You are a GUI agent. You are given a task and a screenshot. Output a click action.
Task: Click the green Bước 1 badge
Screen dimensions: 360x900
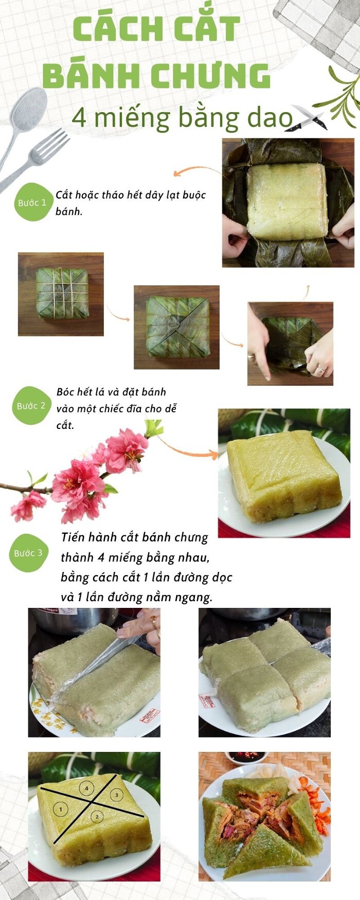[32, 202]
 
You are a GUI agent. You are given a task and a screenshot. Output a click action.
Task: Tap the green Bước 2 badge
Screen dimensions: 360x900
[31, 405]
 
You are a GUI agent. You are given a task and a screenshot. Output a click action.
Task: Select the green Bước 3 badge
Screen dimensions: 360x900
[28, 553]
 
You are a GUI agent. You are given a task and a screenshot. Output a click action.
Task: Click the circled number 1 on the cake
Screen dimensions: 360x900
[61, 809]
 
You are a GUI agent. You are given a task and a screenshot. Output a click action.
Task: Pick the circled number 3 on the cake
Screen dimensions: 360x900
[117, 795]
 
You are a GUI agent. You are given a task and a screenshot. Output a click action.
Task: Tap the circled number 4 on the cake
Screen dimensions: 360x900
[87, 788]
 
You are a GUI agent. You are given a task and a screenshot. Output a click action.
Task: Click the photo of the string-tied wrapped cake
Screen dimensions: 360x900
[61, 294]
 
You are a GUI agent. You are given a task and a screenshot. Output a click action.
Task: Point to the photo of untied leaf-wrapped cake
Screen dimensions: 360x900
[176, 327]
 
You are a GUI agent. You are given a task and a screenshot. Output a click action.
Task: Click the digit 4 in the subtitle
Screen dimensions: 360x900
[79, 118]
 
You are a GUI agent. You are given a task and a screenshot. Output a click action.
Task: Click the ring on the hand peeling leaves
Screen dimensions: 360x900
[320, 369]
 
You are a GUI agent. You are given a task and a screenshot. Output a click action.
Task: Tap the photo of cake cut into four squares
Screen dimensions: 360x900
[265, 673]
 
